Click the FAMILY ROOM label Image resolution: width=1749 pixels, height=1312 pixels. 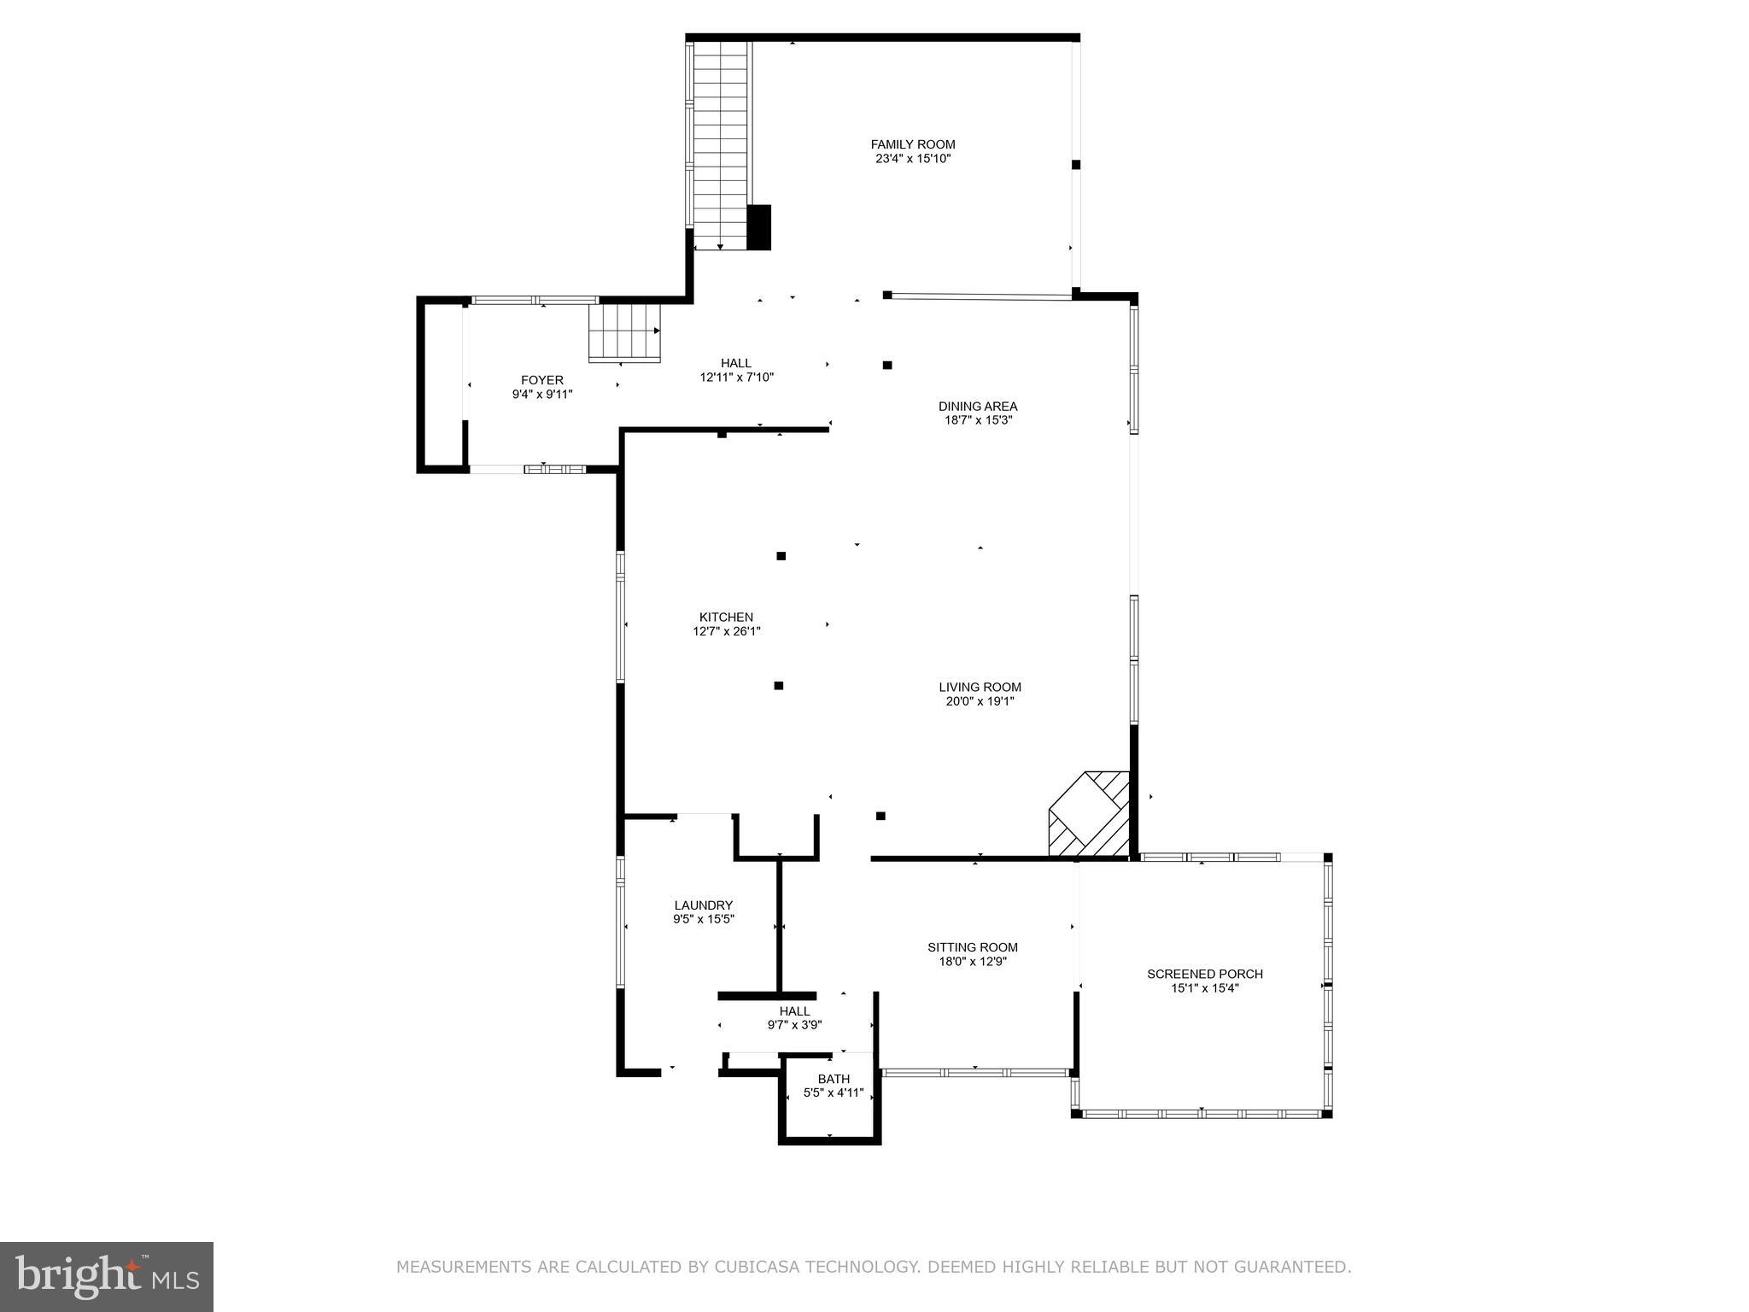click(912, 144)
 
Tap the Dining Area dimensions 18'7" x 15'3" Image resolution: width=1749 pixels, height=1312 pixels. click(978, 420)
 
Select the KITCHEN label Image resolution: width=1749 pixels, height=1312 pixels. click(726, 617)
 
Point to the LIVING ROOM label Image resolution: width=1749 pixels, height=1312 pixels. click(980, 687)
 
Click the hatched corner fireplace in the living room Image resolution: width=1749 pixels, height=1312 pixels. click(1090, 814)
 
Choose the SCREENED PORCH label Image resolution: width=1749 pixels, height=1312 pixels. click(1204, 974)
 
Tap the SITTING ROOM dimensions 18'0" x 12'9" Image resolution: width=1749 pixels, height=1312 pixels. click(973, 961)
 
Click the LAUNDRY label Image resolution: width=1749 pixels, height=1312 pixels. click(703, 905)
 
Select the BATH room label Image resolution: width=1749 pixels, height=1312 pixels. click(834, 1079)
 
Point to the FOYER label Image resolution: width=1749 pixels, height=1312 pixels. click(542, 380)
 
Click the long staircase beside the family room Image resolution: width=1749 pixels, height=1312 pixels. click(721, 145)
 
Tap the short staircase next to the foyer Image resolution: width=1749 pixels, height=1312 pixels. click(624, 332)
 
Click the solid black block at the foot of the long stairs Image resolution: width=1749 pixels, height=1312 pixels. click(758, 227)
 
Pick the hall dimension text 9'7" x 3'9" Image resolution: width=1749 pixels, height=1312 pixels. click(794, 1025)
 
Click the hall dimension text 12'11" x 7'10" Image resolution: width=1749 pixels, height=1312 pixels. click(736, 377)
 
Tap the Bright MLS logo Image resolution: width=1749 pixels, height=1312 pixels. click(107, 1277)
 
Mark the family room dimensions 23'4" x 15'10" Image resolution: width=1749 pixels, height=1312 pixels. click(912, 159)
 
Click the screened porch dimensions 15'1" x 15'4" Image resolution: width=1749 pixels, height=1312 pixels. click(1204, 988)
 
